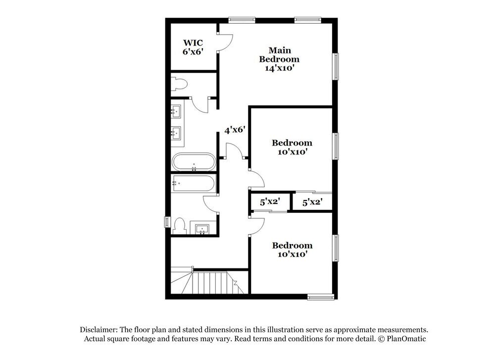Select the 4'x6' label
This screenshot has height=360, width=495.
[x=235, y=130]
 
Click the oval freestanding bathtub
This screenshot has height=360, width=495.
[x=194, y=162]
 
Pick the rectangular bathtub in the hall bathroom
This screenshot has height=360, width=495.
[x=194, y=184]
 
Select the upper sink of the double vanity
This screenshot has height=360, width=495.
[x=176, y=111]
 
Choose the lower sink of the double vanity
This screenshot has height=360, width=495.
[x=176, y=132]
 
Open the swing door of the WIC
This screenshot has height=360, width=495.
[x=224, y=43]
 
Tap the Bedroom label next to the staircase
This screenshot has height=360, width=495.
[x=292, y=250]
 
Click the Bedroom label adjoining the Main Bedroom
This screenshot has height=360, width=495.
[x=292, y=147]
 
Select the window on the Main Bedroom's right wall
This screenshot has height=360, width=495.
[x=336, y=66]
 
